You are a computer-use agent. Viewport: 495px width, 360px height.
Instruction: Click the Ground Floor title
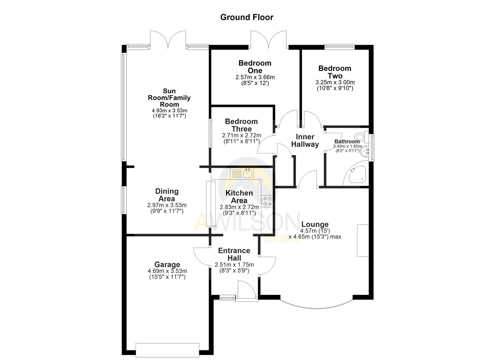click(x=247, y=17)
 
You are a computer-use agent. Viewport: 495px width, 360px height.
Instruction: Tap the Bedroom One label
click(x=255, y=67)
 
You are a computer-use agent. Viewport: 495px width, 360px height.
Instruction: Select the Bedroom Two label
click(x=335, y=72)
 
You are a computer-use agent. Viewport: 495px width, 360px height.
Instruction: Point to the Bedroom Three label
click(x=241, y=125)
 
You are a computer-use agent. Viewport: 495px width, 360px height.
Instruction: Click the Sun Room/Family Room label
click(x=169, y=97)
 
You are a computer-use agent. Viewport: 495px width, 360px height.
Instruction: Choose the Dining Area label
click(x=167, y=195)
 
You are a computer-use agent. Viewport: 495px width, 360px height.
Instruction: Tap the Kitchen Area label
click(x=239, y=197)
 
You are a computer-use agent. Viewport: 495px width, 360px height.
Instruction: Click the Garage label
click(x=167, y=265)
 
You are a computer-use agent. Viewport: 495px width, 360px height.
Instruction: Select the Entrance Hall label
click(x=234, y=254)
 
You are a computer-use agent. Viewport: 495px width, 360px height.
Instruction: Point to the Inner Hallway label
click(x=305, y=140)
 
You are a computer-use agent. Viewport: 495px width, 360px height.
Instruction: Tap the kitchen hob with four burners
click(x=267, y=201)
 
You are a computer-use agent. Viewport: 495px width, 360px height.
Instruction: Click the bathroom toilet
click(x=360, y=136)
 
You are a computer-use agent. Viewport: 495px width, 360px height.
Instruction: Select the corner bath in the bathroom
click(x=357, y=175)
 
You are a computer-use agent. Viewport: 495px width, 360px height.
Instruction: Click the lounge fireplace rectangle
click(x=363, y=240)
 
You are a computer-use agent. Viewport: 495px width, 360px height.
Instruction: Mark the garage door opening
click(x=168, y=350)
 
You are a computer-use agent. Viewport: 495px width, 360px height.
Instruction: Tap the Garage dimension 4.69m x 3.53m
click(x=167, y=271)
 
